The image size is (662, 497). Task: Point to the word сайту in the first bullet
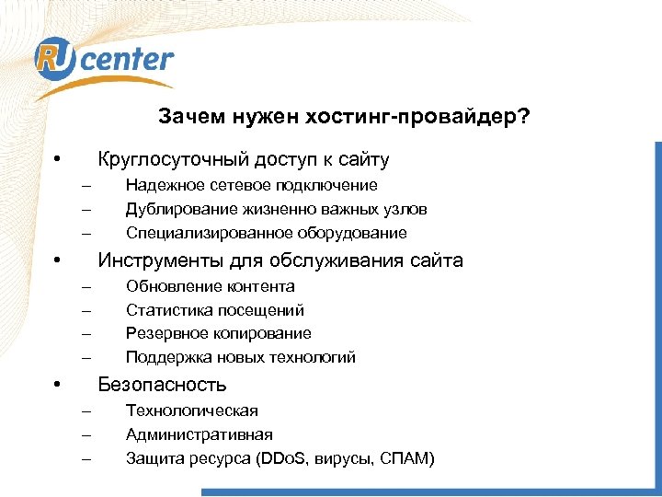point(363,159)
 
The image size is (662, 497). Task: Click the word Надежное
point(164,185)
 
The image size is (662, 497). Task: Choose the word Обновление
point(168,286)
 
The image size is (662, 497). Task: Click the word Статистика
point(166,310)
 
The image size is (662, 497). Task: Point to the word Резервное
point(165,333)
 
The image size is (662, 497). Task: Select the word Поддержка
point(165,357)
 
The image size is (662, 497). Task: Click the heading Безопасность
point(162,385)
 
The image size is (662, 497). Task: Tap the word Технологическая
point(192,410)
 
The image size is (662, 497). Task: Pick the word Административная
point(200,434)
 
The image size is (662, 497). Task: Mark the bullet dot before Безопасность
point(57,384)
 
